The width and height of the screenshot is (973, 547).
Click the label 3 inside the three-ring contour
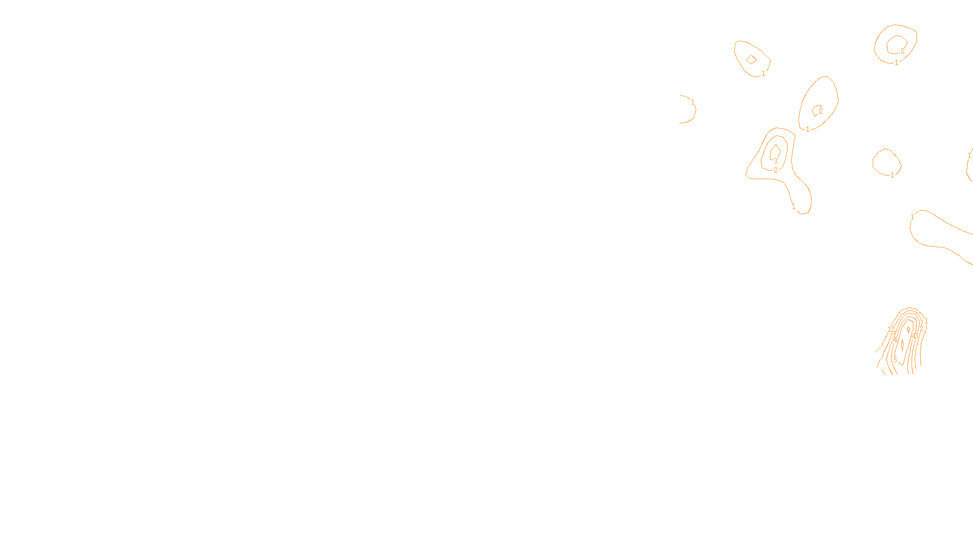coord(775,162)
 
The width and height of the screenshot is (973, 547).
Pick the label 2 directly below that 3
coord(775,170)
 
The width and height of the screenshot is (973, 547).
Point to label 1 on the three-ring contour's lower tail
coord(794,207)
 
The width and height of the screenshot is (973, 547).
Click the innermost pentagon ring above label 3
coord(775,151)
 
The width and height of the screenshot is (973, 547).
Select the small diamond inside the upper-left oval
coord(752,59)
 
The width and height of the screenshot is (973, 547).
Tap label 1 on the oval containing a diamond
coord(763,74)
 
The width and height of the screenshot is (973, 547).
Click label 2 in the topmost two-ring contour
coord(902,51)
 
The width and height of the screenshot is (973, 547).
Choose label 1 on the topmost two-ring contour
coord(896,63)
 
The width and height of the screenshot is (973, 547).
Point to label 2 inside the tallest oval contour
coord(820,111)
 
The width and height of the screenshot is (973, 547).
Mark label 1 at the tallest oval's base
coord(808,129)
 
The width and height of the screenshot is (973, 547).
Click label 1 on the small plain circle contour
coord(892,175)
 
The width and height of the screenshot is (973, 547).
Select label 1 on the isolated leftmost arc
coord(693,102)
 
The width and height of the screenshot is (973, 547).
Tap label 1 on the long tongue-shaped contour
coord(912,217)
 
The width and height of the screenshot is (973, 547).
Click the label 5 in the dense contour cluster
coord(895,360)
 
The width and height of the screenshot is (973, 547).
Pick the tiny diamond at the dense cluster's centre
coord(909,329)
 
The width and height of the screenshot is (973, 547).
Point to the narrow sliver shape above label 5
coord(902,345)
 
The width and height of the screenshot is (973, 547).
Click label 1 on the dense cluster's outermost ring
coord(926,322)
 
